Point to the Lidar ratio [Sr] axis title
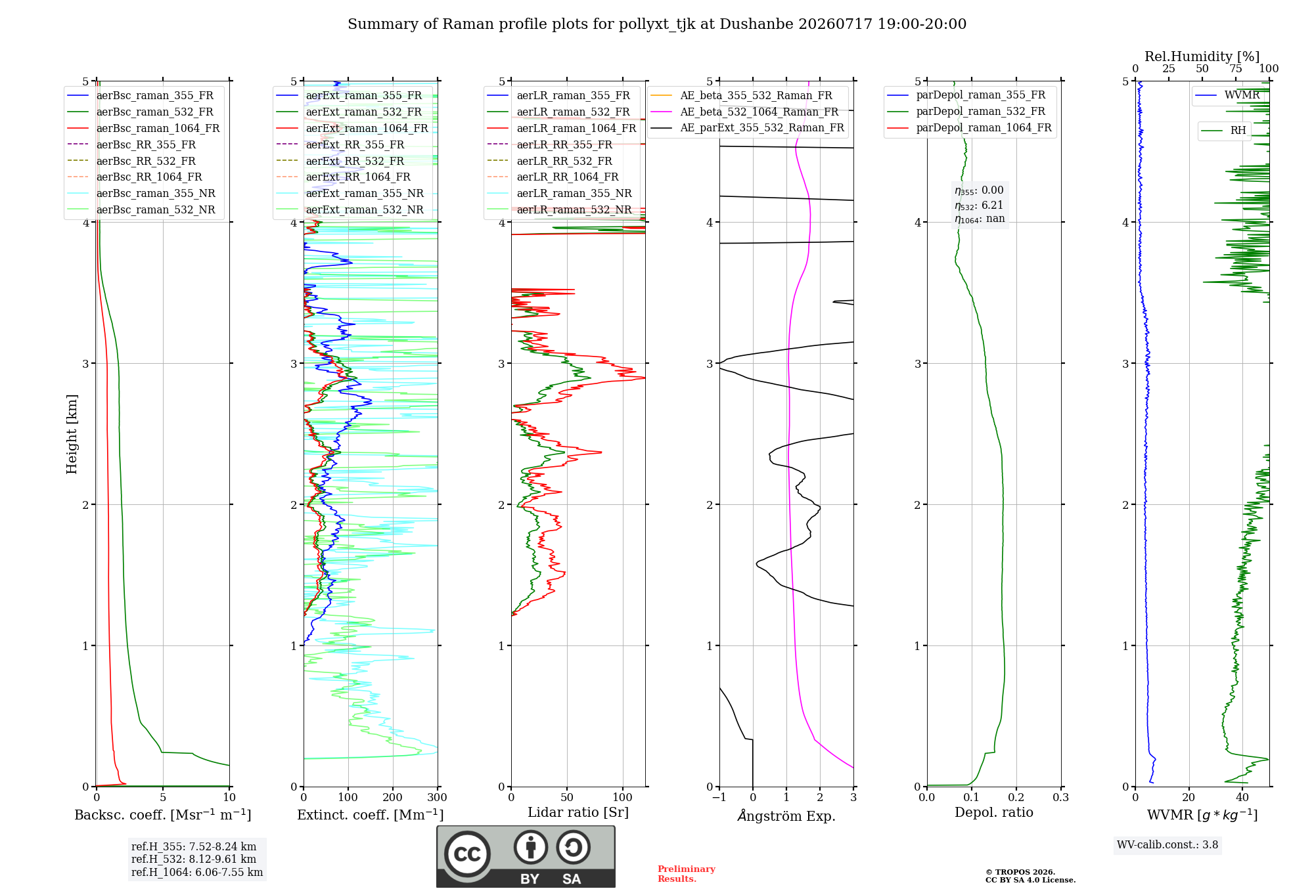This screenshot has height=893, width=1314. click(578, 812)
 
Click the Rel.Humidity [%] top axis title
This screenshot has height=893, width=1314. click(1202, 56)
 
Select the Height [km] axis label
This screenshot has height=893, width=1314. click(72, 434)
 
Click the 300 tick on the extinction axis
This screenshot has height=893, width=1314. click(437, 797)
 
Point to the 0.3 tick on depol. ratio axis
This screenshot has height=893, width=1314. click(1060, 797)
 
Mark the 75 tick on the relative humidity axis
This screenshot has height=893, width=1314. click(1236, 68)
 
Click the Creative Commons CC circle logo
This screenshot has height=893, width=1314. click(467, 854)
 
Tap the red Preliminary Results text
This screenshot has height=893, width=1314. click(687, 874)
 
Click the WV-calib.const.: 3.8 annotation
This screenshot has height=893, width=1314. click(1167, 844)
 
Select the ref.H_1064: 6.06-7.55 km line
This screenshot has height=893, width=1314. click(197, 872)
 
